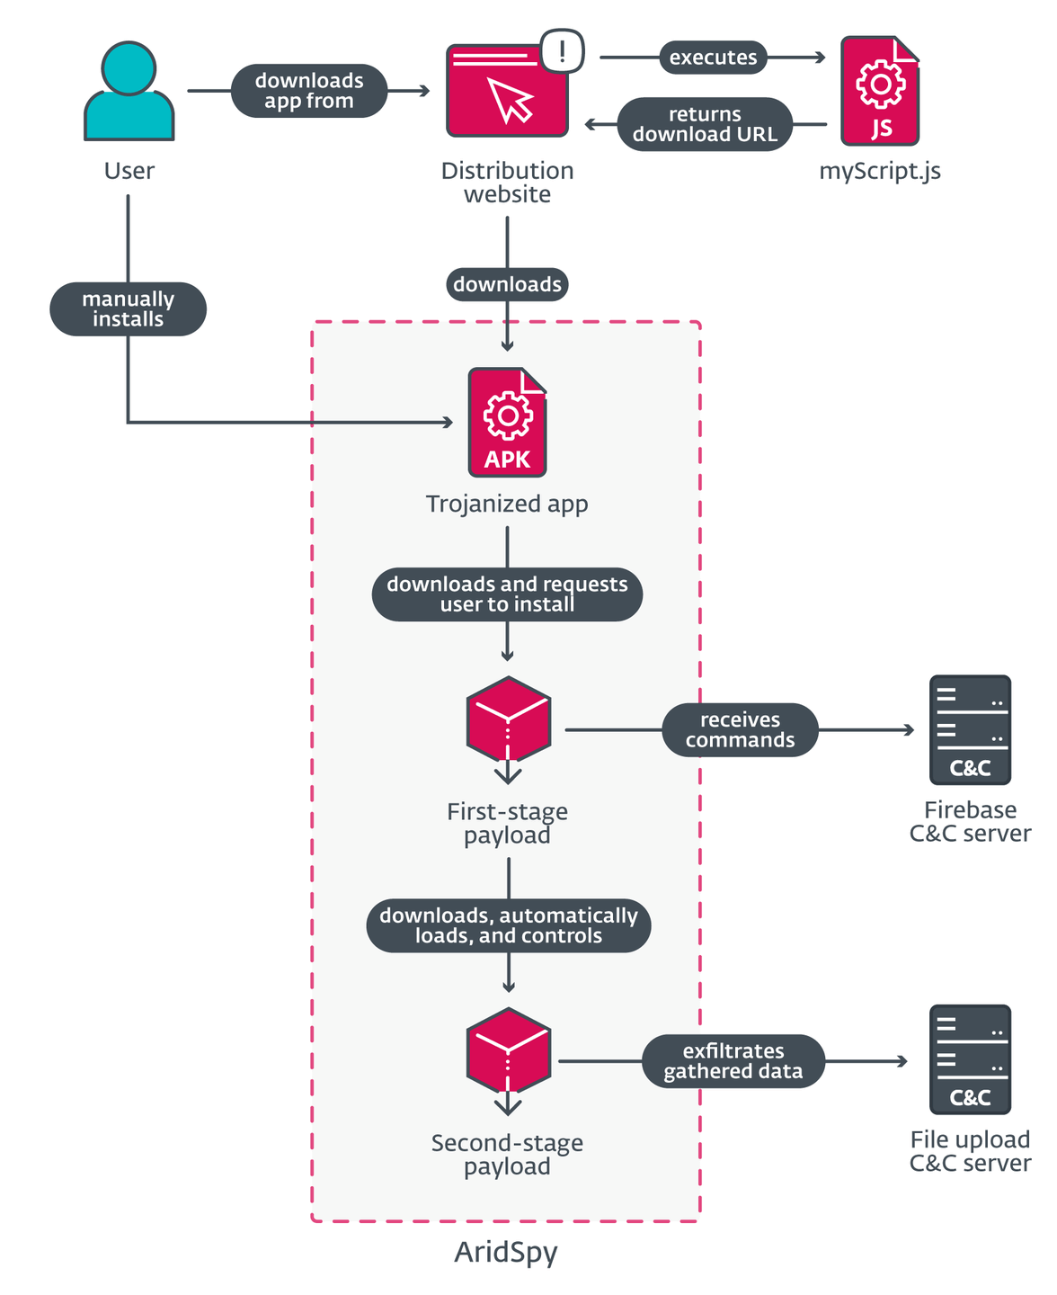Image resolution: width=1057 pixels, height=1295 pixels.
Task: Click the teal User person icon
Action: pyautogui.click(x=129, y=91)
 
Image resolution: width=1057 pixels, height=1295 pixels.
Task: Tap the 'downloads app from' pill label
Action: pyautogui.click(x=309, y=91)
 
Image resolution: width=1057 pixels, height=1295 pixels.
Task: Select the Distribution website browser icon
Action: pyautogui.click(x=507, y=91)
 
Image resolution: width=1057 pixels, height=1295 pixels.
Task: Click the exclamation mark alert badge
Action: pyautogui.click(x=563, y=50)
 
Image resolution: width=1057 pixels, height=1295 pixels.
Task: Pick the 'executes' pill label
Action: pyautogui.click(x=714, y=58)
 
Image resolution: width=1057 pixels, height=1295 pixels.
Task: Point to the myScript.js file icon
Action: pyautogui.click(x=880, y=91)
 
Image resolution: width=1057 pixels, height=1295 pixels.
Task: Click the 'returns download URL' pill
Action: pyautogui.click(x=705, y=124)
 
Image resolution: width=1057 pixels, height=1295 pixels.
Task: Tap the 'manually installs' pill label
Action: pyautogui.click(x=128, y=309)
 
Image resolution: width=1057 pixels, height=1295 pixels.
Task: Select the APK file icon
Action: pyautogui.click(x=507, y=422)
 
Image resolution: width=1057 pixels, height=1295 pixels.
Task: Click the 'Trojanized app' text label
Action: pyautogui.click(x=507, y=504)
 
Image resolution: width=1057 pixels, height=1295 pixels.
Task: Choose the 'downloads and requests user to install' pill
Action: pyautogui.click(x=507, y=594)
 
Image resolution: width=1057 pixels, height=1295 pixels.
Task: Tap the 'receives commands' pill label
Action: pyautogui.click(x=740, y=730)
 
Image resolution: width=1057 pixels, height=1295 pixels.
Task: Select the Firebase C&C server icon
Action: pyautogui.click(x=970, y=730)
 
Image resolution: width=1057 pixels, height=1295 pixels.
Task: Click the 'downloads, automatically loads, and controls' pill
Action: pyautogui.click(x=508, y=925)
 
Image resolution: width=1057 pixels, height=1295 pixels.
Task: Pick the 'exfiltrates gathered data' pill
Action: pyautogui.click(x=733, y=1061)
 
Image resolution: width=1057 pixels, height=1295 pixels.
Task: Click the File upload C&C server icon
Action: pyautogui.click(x=970, y=1060)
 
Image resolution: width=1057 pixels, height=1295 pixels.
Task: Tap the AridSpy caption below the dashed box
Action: pyautogui.click(x=506, y=1252)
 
